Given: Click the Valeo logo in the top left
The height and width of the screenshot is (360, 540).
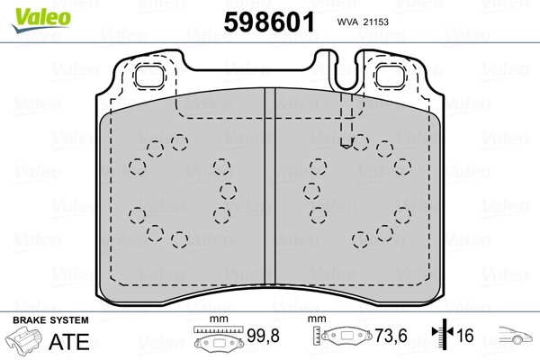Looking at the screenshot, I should tap(31, 11).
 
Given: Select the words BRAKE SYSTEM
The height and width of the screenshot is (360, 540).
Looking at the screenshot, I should tap(50, 320).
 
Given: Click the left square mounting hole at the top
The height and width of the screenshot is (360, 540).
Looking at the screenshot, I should tap(148, 78).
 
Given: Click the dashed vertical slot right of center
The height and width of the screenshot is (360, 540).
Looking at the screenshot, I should tap(347, 117).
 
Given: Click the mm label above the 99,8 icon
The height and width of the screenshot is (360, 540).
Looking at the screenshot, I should tap(215, 320).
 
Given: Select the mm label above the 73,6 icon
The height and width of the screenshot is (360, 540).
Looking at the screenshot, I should tap(316, 320).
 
